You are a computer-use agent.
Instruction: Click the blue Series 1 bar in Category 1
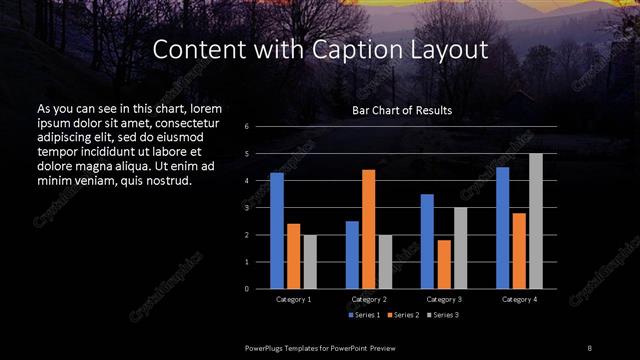coord(277,230)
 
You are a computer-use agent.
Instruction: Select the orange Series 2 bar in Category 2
coord(369,229)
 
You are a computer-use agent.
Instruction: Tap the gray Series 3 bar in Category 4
coord(536,221)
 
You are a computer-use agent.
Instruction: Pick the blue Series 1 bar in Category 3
coord(427,241)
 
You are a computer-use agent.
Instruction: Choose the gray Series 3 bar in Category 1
coord(310,261)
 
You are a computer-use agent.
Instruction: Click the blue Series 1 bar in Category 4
coord(503,227)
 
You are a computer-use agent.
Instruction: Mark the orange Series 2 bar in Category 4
coord(519,250)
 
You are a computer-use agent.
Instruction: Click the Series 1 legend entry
coord(364,315)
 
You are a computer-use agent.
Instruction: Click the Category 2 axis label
coord(369,299)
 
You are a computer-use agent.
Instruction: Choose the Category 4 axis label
coord(519,299)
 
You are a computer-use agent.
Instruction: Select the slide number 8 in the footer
coord(590,346)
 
